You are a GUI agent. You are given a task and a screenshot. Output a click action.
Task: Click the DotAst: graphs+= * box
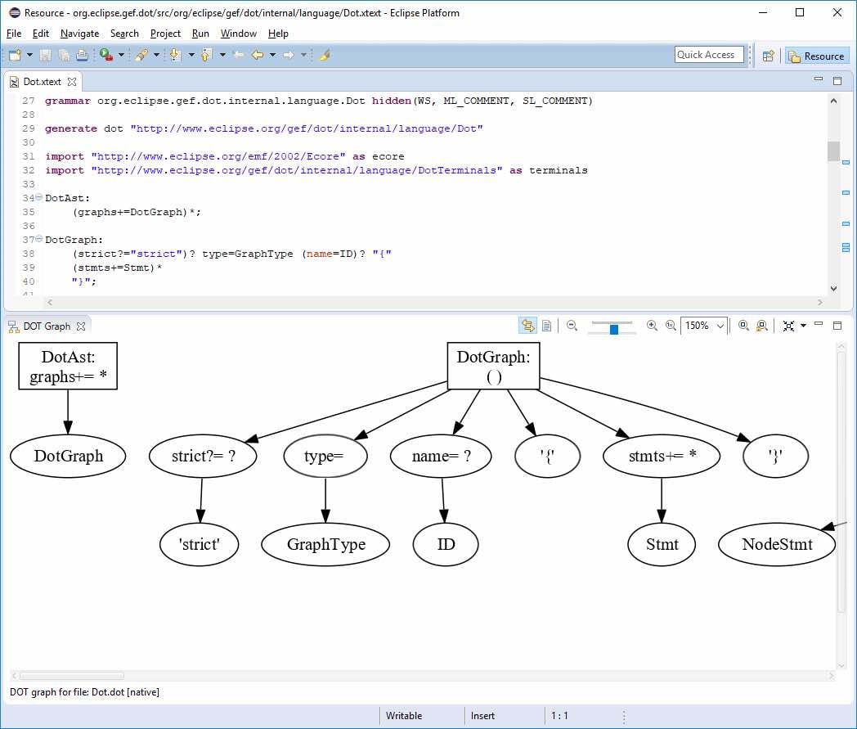(68, 366)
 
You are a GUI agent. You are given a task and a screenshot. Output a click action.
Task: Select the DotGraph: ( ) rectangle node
(493, 366)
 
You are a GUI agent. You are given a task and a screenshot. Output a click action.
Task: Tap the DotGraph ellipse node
(68, 456)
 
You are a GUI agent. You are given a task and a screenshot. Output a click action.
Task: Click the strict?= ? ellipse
(204, 456)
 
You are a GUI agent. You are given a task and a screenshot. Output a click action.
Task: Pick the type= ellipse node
(325, 456)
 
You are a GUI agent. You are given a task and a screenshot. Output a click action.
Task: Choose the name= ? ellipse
(441, 456)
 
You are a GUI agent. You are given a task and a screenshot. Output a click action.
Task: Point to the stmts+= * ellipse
(661, 456)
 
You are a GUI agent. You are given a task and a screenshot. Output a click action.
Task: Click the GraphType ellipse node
(325, 544)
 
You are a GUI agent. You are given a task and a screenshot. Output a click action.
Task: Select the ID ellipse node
(446, 544)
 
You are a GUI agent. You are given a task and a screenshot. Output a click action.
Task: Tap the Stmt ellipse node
(662, 544)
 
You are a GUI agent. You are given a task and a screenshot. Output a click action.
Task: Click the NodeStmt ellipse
(777, 544)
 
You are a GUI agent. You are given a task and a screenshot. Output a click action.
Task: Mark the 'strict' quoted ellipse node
(200, 544)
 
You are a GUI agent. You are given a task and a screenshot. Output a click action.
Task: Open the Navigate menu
(79, 34)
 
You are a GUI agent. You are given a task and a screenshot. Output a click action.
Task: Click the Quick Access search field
(709, 55)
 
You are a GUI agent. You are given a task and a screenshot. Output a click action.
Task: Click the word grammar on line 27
(68, 101)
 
